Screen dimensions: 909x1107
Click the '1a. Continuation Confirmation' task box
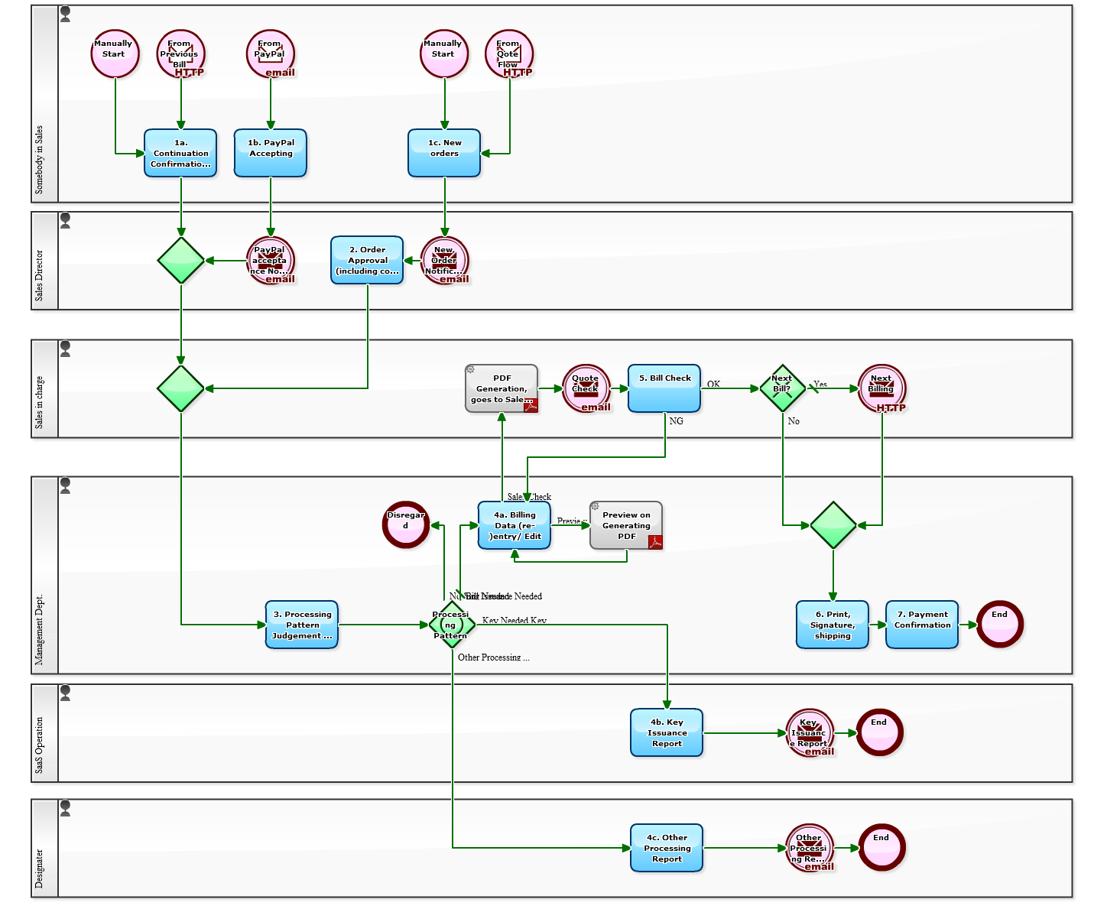[180, 153]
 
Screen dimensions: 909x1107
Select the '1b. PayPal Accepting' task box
[271, 153]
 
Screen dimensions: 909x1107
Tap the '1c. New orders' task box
[444, 153]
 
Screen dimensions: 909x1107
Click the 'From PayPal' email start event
[271, 54]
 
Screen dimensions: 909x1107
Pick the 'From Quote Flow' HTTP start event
[509, 54]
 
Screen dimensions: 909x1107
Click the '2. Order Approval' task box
[367, 260]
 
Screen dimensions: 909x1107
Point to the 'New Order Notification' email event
[444, 261]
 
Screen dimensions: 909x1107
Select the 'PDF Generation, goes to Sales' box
[502, 388]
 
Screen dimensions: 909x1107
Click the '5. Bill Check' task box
[664, 388]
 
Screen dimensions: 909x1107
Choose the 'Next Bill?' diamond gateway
[782, 388]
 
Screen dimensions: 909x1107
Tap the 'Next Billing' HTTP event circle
[881, 388]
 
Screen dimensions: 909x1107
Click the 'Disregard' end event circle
[406, 525]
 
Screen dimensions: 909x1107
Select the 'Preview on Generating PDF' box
[626, 525]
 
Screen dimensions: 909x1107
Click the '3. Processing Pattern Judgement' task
[302, 625]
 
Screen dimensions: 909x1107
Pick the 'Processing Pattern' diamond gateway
[452, 625]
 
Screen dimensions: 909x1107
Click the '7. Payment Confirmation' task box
[922, 625]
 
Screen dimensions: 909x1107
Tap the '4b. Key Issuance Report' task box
[667, 732]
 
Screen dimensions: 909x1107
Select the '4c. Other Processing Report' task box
[667, 848]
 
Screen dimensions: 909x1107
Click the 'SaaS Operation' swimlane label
[40, 745]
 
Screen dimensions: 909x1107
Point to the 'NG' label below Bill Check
[677, 421]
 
